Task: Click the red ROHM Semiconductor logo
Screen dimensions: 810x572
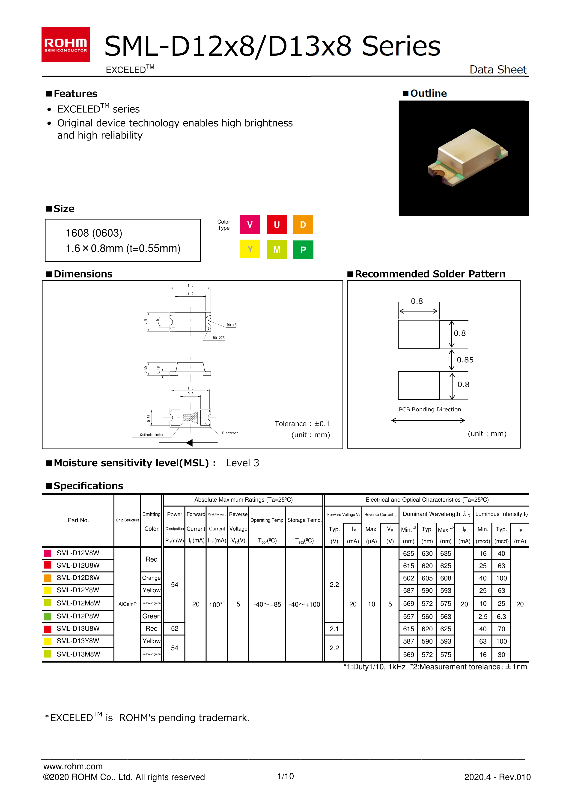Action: point(66,45)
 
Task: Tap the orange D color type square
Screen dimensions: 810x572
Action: point(303,225)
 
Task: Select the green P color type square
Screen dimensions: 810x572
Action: point(303,250)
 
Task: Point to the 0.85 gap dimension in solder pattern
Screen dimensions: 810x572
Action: point(465,360)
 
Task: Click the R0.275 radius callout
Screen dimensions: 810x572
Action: point(218,338)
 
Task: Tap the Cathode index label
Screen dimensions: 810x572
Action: point(152,435)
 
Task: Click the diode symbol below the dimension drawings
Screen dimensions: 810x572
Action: point(190,443)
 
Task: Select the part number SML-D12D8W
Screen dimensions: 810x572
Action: point(78,578)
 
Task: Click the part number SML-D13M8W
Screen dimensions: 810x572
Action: point(78,654)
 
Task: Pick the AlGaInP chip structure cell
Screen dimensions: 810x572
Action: point(127,604)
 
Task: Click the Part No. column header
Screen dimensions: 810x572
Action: point(78,520)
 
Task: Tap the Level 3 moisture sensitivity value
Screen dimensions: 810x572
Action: point(242,463)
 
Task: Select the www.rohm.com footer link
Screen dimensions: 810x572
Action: point(73,766)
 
